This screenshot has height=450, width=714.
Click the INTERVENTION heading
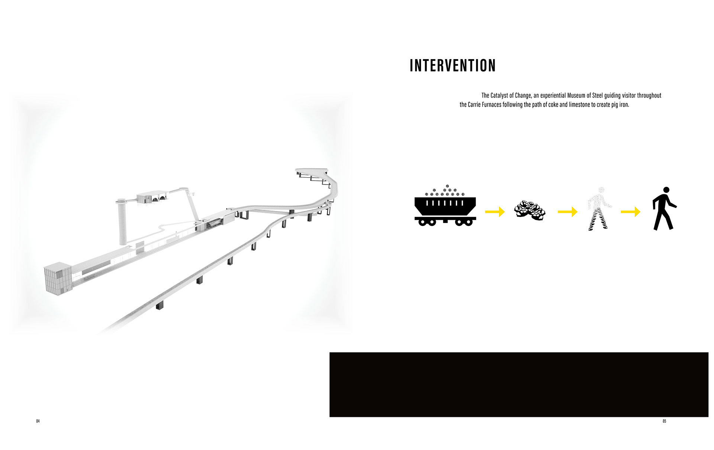point(453,65)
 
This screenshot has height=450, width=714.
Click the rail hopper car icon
point(445,205)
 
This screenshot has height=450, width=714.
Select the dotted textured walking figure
point(599,208)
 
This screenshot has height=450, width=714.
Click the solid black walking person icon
point(664,208)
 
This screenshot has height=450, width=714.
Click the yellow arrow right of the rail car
point(495,212)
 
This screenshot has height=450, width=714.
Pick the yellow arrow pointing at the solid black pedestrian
point(631,212)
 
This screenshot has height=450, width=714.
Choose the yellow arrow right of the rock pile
point(567,212)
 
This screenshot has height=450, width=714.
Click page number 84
point(38,421)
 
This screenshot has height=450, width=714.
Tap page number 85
point(664,421)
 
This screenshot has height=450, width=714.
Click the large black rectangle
point(519,385)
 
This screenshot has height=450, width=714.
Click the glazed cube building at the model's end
point(58,279)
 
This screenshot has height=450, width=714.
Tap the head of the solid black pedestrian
point(666,190)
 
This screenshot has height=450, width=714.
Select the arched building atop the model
point(152,197)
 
